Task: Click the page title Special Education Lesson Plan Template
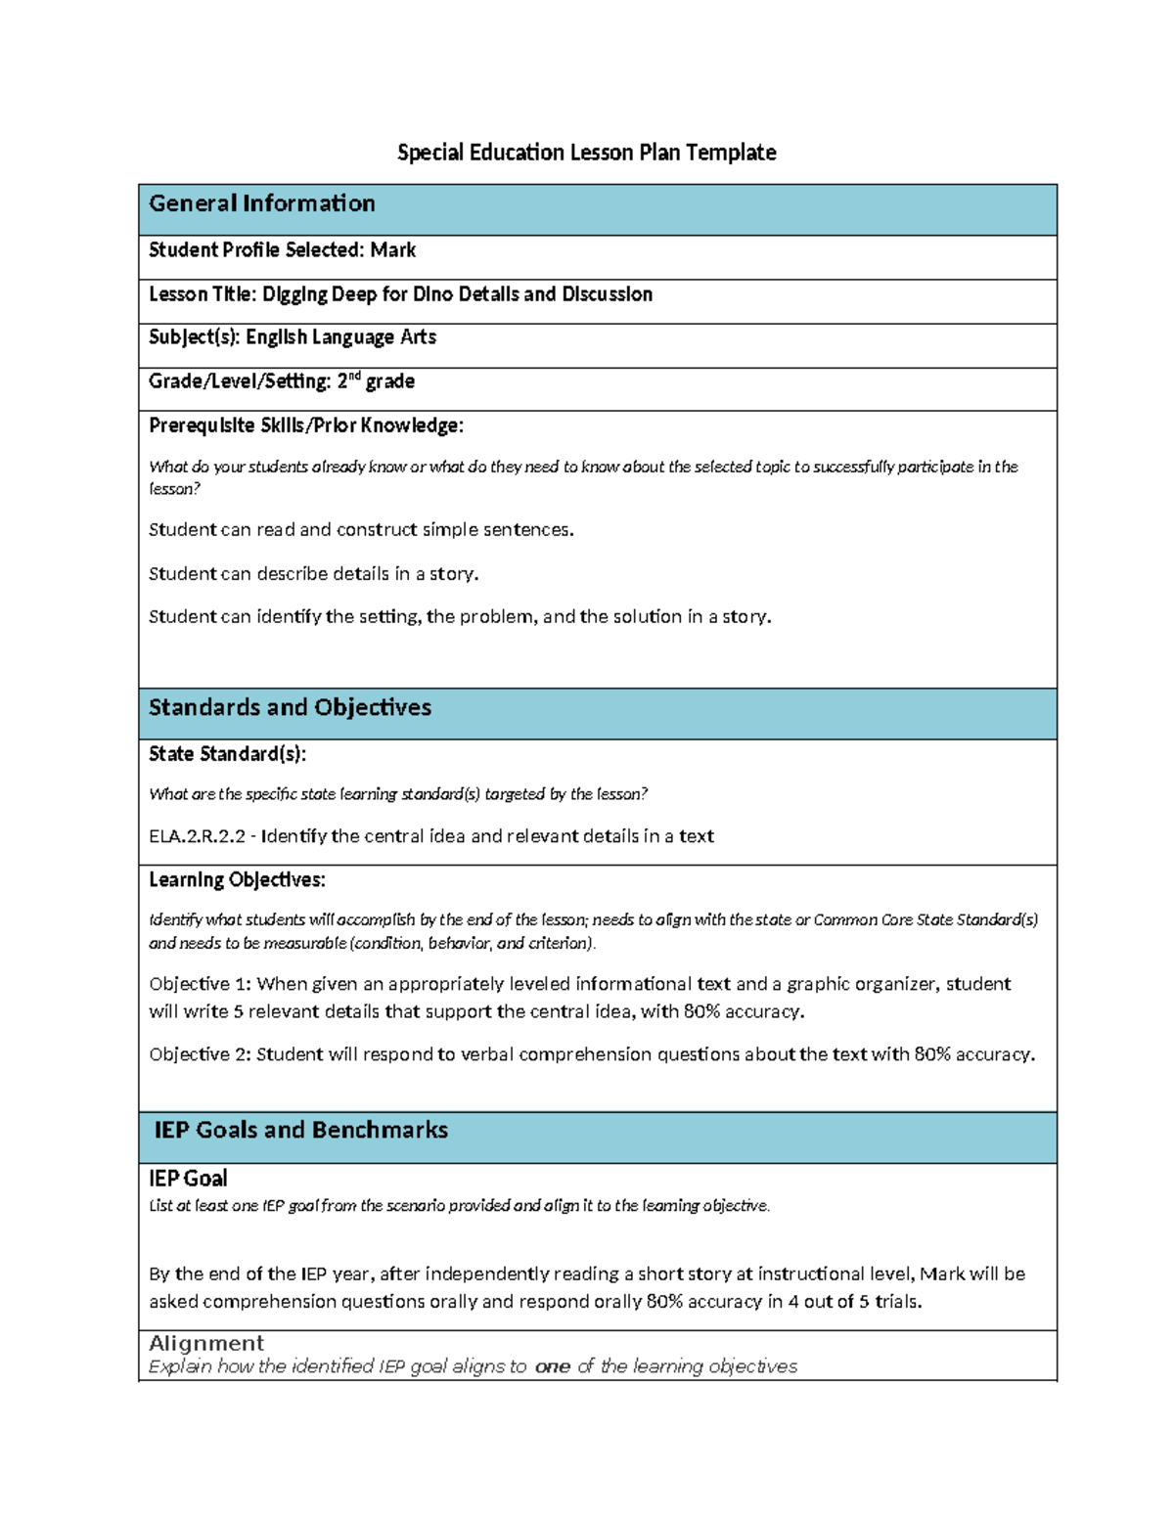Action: pyautogui.click(x=586, y=153)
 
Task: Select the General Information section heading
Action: pyautogui.click(x=261, y=203)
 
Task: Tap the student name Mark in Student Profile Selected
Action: pyautogui.click(x=393, y=250)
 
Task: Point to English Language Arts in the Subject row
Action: pyautogui.click(x=340, y=337)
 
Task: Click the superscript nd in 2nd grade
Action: pyautogui.click(x=355, y=377)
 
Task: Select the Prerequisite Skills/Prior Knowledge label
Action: pyautogui.click(x=305, y=425)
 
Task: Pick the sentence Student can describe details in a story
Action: pyautogui.click(x=313, y=574)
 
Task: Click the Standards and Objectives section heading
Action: pyautogui.click(x=290, y=707)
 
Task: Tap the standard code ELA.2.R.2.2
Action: pyautogui.click(x=197, y=836)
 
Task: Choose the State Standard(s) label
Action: pyautogui.click(x=227, y=754)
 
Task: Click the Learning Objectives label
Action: pyautogui.click(x=237, y=880)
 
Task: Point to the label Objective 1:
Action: pyautogui.click(x=200, y=984)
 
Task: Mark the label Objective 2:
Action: pyautogui.click(x=200, y=1054)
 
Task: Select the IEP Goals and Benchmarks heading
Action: pyautogui.click(x=300, y=1131)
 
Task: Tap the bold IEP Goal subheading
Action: pyautogui.click(x=188, y=1179)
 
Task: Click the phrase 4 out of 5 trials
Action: pyautogui.click(x=854, y=1302)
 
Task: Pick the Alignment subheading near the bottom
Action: pyautogui.click(x=206, y=1343)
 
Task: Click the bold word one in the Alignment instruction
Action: pyautogui.click(x=552, y=1367)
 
